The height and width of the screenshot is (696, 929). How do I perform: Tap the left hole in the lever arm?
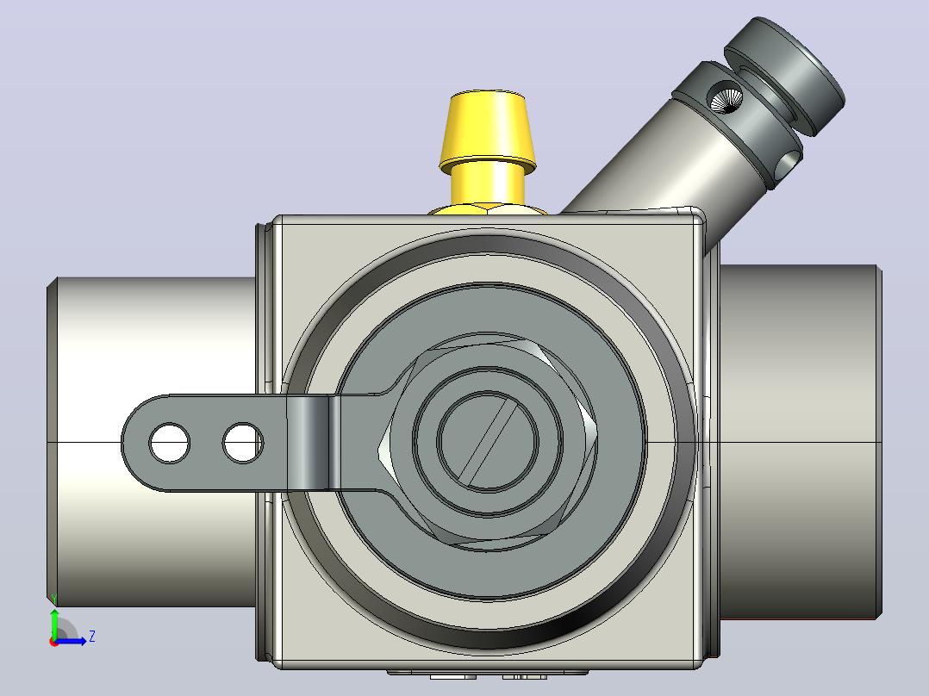tap(170, 443)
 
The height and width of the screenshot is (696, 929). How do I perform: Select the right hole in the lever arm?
tap(243, 443)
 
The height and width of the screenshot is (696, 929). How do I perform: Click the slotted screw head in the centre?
tap(488, 441)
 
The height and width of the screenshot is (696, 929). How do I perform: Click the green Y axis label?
tap(54, 599)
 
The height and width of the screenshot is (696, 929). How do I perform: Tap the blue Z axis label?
tap(92, 637)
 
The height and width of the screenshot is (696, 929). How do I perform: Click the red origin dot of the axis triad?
tap(54, 642)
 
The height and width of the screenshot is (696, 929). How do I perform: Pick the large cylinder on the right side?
tap(800, 441)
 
